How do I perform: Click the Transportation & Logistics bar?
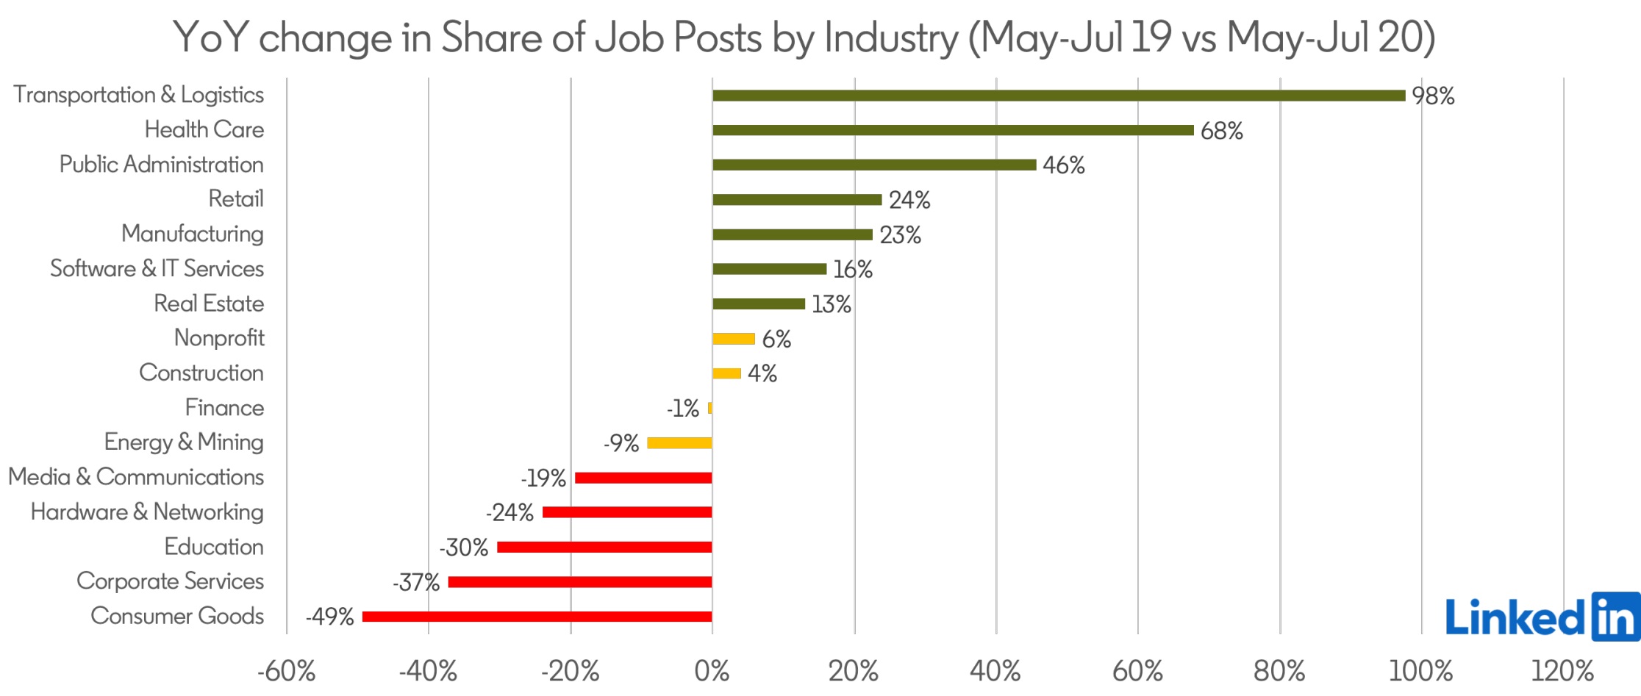click(1059, 96)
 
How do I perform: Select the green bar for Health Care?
click(953, 130)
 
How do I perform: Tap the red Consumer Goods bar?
click(537, 617)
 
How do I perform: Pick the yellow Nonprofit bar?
click(734, 339)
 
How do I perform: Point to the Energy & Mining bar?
click(679, 443)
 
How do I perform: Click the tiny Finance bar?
click(709, 408)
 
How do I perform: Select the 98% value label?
click(1433, 96)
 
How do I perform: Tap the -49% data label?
click(330, 617)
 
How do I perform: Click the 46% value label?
click(1063, 165)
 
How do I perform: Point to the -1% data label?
click(683, 409)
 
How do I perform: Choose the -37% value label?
click(416, 583)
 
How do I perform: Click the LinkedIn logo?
click(1542, 617)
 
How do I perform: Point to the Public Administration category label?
click(161, 165)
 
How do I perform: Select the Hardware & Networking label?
click(147, 512)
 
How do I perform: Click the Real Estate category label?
click(209, 304)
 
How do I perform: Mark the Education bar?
click(604, 548)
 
